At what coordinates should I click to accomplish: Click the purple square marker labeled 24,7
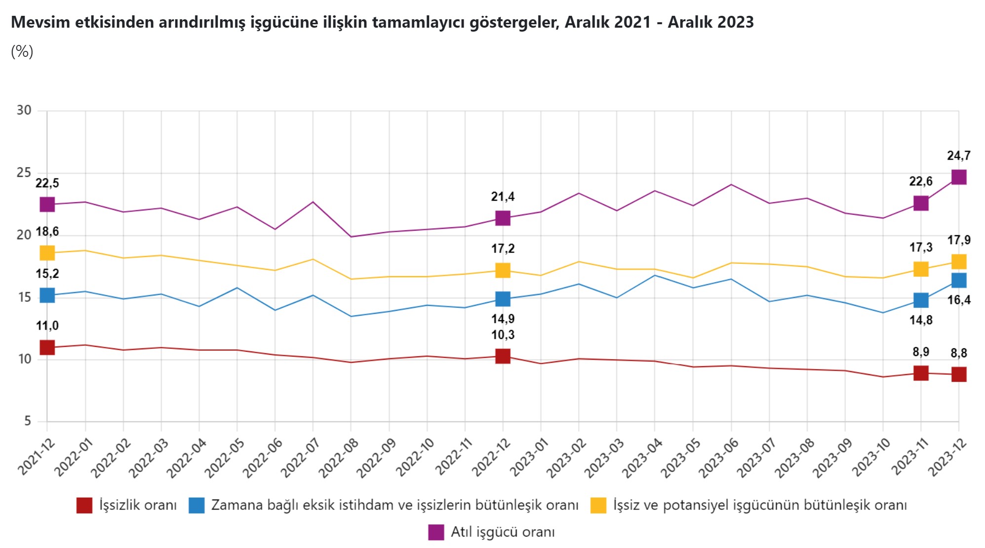point(958,177)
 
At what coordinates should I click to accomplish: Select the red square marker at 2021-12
point(47,347)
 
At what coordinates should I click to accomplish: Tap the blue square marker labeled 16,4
point(958,280)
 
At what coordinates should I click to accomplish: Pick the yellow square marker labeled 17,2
point(503,270)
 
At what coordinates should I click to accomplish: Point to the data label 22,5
point(47,183)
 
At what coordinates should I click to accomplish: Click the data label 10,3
point(503,335)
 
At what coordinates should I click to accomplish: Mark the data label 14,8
point(921,320)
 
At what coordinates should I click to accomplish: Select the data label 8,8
point(958,353)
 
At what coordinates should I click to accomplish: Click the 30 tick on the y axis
point(24,110)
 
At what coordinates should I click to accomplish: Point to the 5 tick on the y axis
point(28,421)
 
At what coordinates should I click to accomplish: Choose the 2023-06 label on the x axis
point(719,458)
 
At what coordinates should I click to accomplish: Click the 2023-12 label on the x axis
point(947,458)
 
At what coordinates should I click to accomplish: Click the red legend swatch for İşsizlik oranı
point(84,505)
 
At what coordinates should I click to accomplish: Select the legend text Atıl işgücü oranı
point(502,532)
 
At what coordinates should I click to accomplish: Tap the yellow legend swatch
point(598,505)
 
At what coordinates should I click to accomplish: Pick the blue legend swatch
point(197,505)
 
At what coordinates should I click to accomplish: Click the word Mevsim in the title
point(40,22)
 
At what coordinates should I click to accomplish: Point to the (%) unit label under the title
point(22,51)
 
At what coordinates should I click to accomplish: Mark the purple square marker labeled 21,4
point(503,218)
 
